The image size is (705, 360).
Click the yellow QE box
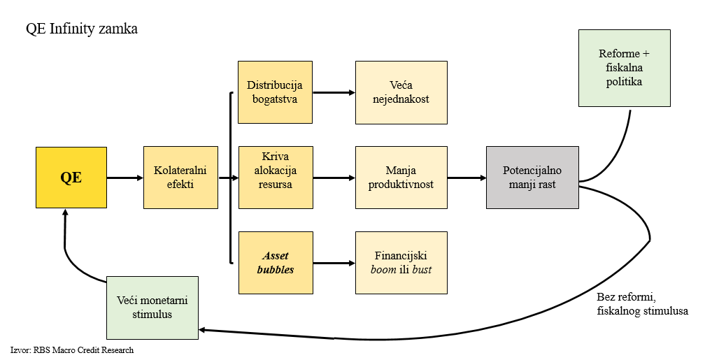point(71,177)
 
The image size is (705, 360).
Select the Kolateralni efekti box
point(180,177)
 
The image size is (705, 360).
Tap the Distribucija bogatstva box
point(275,92)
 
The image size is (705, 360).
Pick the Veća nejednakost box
point(401,92)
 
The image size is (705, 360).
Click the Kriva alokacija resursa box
point(275,177)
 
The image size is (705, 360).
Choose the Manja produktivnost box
point(401,177)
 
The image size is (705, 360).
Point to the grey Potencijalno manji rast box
point(532,177)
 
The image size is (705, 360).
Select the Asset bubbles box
point(275,263)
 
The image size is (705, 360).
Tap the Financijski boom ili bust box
point(401,263)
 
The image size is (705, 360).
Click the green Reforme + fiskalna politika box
point(625,68)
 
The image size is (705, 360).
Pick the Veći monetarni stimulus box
point(152,308)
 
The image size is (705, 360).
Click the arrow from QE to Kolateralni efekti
point(124,178)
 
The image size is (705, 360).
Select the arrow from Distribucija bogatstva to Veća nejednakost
point(333,92)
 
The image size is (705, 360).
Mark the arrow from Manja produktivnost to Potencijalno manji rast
point(467,178)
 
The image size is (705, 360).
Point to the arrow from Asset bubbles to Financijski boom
point(333,264)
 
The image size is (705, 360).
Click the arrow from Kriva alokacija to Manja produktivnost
point(333,178)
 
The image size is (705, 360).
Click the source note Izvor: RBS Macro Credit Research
point(72,350)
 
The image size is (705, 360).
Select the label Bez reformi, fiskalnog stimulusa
point(642,303)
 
